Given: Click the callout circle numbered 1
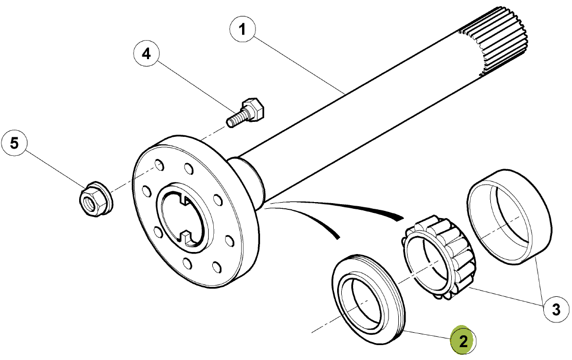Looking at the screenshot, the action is click(243, 29).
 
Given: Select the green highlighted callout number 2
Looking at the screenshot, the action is click(463, 340).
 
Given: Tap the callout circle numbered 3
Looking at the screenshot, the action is click(556, 310).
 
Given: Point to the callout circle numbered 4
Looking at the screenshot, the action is click(146, 53).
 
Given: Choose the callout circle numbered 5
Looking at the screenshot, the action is click(14, 143).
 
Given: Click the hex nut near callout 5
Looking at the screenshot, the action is click(96, 199).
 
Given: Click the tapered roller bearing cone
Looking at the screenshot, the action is click(438, 257).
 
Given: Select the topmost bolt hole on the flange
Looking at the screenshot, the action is click(159, 165).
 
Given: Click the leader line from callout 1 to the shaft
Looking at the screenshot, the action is click(299, 64).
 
